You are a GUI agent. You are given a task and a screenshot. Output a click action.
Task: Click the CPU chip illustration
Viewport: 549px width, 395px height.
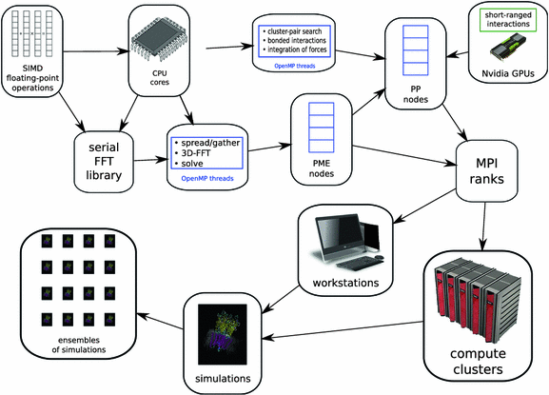coord(159,42)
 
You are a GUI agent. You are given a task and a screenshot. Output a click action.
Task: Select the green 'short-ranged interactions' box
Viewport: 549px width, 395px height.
coord(508,20)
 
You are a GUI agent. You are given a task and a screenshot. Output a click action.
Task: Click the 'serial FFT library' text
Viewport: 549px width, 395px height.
coord(104,161)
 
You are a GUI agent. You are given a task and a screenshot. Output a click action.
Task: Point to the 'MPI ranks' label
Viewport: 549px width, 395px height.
coord(486,171)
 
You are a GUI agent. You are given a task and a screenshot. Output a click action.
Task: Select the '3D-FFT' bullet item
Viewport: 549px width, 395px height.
coord(192,153)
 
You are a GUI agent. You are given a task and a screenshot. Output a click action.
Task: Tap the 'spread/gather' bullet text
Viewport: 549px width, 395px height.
coord(206,143)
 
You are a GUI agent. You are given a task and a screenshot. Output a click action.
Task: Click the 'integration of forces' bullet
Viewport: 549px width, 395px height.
coord(294,49)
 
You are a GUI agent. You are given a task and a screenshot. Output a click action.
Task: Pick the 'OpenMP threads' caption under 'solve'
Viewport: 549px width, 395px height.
coord(207,179)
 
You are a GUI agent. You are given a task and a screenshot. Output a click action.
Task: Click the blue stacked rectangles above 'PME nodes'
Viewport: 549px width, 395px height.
coord(321,128)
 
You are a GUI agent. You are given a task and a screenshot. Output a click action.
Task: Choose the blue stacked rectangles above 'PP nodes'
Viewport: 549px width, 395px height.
coord(416,50)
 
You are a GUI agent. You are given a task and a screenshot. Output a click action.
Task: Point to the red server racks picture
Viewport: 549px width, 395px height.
coord(478,301)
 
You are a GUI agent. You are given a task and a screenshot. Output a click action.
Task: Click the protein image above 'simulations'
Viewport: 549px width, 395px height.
coord(223,334)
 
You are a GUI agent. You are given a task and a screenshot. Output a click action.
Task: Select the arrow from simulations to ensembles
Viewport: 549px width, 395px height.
coord(160,321)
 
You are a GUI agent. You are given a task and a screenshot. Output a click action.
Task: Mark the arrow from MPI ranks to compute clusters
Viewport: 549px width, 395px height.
coord(483,227)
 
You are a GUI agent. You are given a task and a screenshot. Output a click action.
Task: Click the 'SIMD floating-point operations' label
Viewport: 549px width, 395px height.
coord(32,78)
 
